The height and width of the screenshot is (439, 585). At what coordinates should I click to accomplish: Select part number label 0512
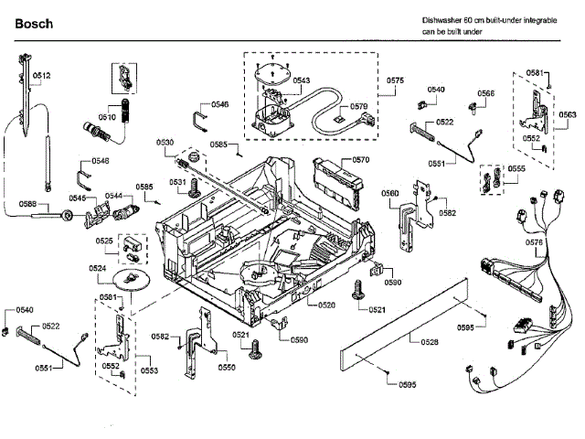click(x=42, y=75)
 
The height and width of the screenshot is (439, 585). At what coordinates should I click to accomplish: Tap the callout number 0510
click(x=107, y=117)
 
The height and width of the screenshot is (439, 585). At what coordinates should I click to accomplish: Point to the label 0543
click(x=302, y=80)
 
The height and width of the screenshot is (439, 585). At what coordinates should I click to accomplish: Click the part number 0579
click(x=358, y=106)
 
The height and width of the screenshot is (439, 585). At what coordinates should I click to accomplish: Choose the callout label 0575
click(x=395, y=80)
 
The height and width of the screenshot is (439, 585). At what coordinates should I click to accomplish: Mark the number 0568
click(x=485, y=93)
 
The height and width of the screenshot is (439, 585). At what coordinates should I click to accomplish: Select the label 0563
click(x=568, y=114)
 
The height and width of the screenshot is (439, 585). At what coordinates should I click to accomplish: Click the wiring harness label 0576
click(x=535, y=242)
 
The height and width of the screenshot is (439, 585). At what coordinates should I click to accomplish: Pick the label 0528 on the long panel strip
click(x=429, y=341)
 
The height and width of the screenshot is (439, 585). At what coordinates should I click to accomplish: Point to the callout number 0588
click(x=28, y=204)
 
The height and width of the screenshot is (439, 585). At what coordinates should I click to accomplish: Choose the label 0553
click(x=148, y=370)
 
